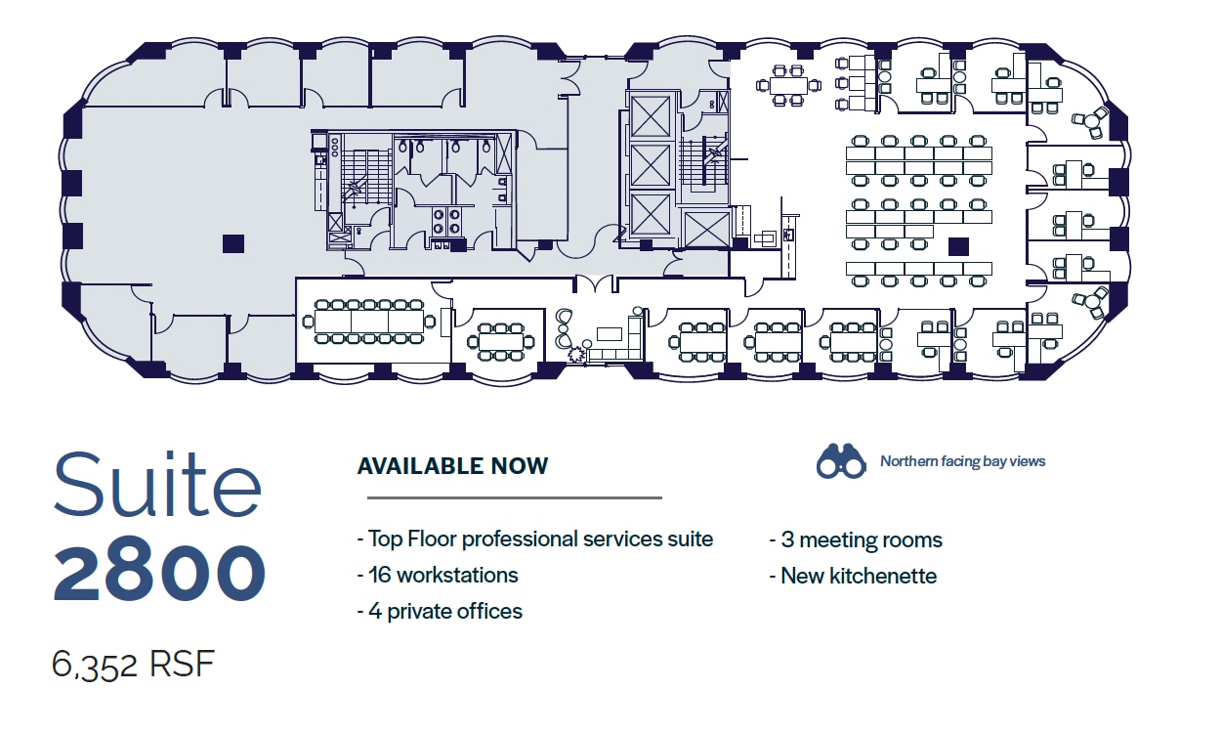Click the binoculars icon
pyautogui.click(x=840, y=461)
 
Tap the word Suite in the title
pyautogui.click(x=158, y=484)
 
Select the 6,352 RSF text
pyautogui.click(x=133, y=665)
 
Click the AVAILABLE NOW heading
pyautogui.click(x=452, y=466)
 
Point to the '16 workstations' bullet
pyautogui.click(x=438, y=575)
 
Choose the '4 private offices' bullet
pyautogui.click(x=440, y=612)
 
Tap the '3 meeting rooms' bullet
pyautogui.click(x=856, y=539)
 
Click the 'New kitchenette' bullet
pyautogui.click(x=853, y=576)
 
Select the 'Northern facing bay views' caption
pyautogui.click(x=962, y=461)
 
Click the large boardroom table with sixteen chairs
pyautogui.click(x=369, y=322)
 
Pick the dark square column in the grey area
pyautogui.click(x=233, y=243)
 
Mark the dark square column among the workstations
pyautogui.click(x=958, y=246)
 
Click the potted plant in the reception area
pyautogui.click(x=575, y=355)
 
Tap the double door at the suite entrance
pyautogui.click(x=595, y=283)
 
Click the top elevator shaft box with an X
pyautogui.click(x=651, y=116)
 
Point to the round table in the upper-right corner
pyautogui.click(x=1090, y=122)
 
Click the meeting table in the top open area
pyautogui.click(x=788, y=86)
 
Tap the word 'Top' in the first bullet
pyautogui.click(x=385, y=539)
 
